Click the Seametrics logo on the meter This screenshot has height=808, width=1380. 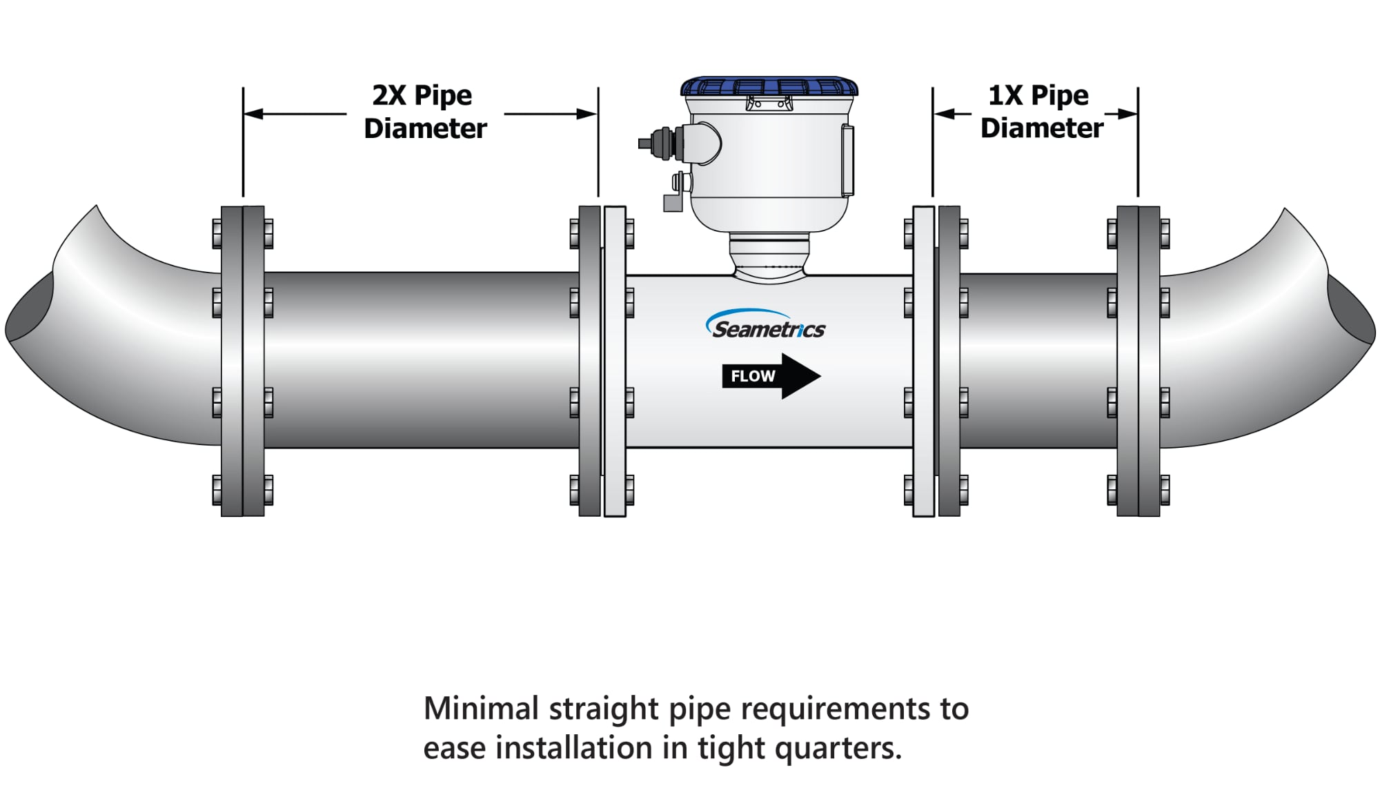tap(766, 325)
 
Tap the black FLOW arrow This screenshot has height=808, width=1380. tap(771, 376)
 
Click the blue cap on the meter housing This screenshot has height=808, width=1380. tap(769, 87)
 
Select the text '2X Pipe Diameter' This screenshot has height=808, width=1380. tap(424, 112)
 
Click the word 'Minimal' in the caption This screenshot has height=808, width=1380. tap(481, 709)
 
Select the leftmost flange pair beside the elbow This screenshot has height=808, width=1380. tap(242, 361)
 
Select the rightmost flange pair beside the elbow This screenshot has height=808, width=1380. tap(1138, 361)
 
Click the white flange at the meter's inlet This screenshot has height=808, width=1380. tap(614, 361)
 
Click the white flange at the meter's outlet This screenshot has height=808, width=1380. tap(923, 361)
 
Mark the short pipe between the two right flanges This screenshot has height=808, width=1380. tap(1038, 361)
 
